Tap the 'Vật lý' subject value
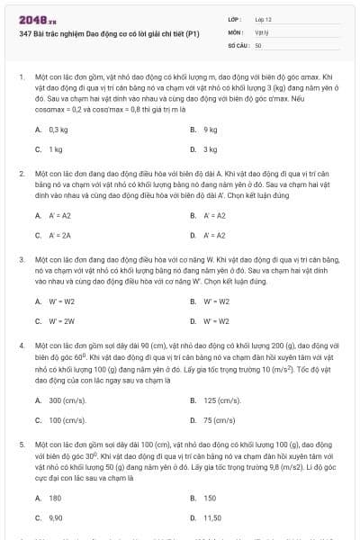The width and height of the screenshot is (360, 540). pos(262,31)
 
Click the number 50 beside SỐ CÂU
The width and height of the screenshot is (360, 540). pos(258,44)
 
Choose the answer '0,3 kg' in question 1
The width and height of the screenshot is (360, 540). pos(58,130)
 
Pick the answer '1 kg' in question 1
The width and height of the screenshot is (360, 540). pos(56,149)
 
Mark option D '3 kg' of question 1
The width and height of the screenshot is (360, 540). pos(211,149)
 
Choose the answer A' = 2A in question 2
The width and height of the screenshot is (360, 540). pos(60,235)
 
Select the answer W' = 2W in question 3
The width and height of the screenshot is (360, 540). pos(62,320)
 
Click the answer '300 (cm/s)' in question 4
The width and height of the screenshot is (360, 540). pos(67,400)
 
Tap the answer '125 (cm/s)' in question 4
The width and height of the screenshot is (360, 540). pos(222,400)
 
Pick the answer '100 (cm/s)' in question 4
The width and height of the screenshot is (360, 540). pos(67,419)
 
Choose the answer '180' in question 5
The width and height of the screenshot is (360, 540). pos(55,498)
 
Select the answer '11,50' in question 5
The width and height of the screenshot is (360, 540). pos(212,517)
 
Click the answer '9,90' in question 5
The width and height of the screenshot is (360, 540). pos(56,517)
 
